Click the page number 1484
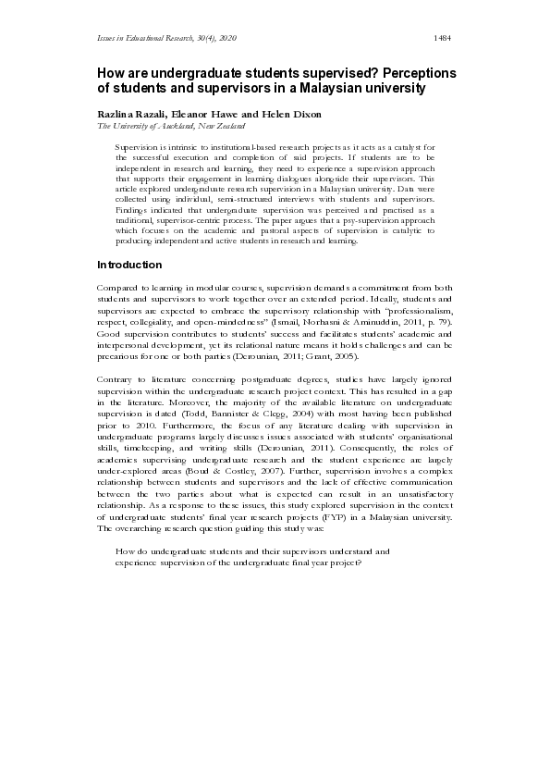point(442,37)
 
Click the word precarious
point(117,357)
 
